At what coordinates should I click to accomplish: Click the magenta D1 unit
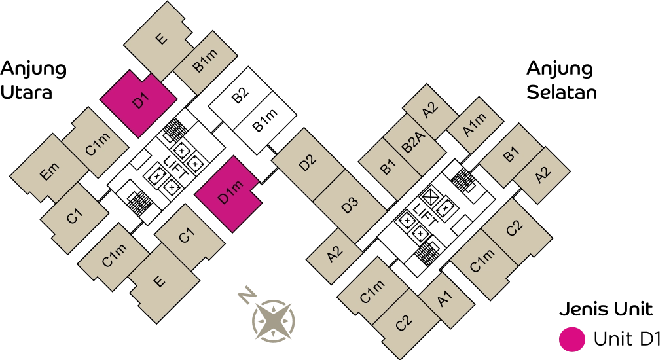coord(139,103)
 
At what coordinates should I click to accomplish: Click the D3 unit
coord(350,205)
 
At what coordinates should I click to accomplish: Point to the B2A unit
coord(414,143)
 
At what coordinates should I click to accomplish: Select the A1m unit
coord(475,126)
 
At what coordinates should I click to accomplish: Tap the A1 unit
coord(446,299)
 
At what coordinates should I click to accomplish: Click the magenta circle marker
coord(571,339)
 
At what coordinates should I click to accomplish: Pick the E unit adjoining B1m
coord(160,40)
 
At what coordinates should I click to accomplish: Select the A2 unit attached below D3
coord(335,255)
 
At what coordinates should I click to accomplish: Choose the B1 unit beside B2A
coord(388,167)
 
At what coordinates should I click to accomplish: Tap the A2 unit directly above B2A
coord(430,109)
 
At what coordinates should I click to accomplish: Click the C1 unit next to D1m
coord(188,236)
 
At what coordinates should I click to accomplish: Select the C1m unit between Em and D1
coord(96,143)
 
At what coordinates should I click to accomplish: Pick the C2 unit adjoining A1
coord(405,323)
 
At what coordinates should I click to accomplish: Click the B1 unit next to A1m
coord(511,154)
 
